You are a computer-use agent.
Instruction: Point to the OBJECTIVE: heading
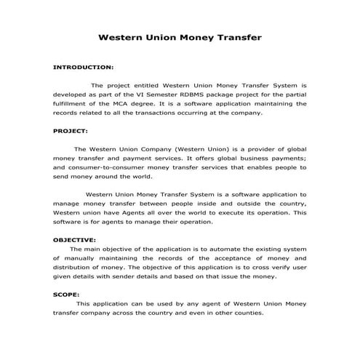(x=74, y=239)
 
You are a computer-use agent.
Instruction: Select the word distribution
(x=74, y=268)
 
